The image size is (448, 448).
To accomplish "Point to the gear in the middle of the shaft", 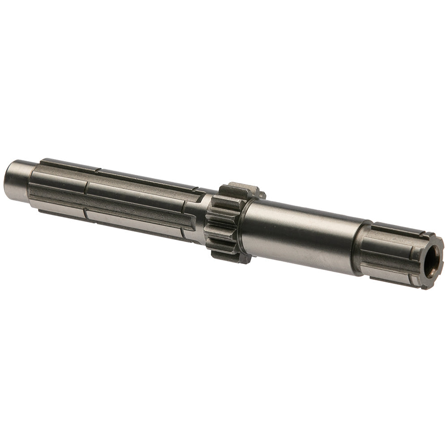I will [x=228, y=222].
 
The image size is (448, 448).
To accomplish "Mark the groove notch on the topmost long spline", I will [x=98, y=169].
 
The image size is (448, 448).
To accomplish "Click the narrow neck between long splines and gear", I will [x=200, y=213].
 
